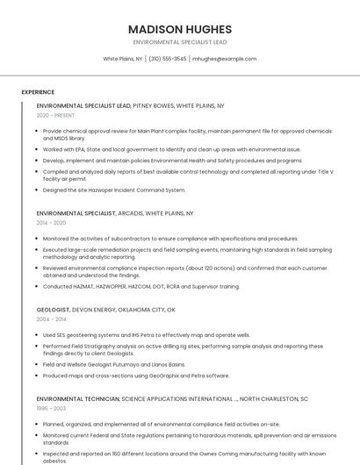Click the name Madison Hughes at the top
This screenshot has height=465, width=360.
pos(179,29)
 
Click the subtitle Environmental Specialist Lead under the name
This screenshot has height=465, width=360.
pos(179,41)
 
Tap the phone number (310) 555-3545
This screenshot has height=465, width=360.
pos(168,59)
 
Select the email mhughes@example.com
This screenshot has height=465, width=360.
pos(224,59)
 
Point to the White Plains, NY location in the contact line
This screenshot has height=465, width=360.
pos(123,59)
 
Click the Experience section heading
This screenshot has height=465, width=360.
pos(38,92)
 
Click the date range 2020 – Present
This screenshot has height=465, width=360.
pos(55,116)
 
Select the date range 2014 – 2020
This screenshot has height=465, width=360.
pos(51,223)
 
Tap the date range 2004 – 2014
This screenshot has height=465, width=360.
pos(51,319)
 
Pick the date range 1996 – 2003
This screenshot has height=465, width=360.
pos(51,408)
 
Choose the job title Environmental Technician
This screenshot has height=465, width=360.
pos(77,398)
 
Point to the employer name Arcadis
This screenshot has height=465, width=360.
pos(133,213)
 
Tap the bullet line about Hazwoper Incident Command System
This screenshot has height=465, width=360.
pos(114,190)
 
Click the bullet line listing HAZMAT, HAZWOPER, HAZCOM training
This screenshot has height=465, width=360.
pos(140,286)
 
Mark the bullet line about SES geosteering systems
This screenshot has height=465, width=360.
pos(146,334)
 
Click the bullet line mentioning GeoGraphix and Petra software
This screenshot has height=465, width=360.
pos(136,376)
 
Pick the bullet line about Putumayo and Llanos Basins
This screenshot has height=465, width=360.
pos(114,364)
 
